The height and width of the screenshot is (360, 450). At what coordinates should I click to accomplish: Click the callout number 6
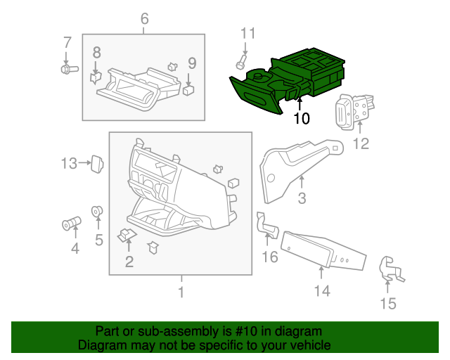(144, 18)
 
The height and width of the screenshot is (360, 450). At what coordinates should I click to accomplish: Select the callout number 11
(245, 33)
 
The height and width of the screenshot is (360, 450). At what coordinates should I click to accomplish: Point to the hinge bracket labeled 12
(356, 111)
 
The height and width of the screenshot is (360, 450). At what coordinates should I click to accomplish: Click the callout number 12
(360, 145)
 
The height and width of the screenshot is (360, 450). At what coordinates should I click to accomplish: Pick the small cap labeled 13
(98, 163)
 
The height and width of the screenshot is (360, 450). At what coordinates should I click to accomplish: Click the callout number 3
(302, 199)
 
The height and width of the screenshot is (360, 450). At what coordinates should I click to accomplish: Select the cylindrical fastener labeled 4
(71, 225)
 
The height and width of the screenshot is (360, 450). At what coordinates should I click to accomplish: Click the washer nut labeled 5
(98, 211)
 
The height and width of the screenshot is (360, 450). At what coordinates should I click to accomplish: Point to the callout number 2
(129, 263)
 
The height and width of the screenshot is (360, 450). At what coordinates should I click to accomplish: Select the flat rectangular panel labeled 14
(324, 250)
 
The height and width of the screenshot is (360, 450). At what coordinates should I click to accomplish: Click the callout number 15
(387, 304)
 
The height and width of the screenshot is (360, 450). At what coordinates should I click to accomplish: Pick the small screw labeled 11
(240, 65)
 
